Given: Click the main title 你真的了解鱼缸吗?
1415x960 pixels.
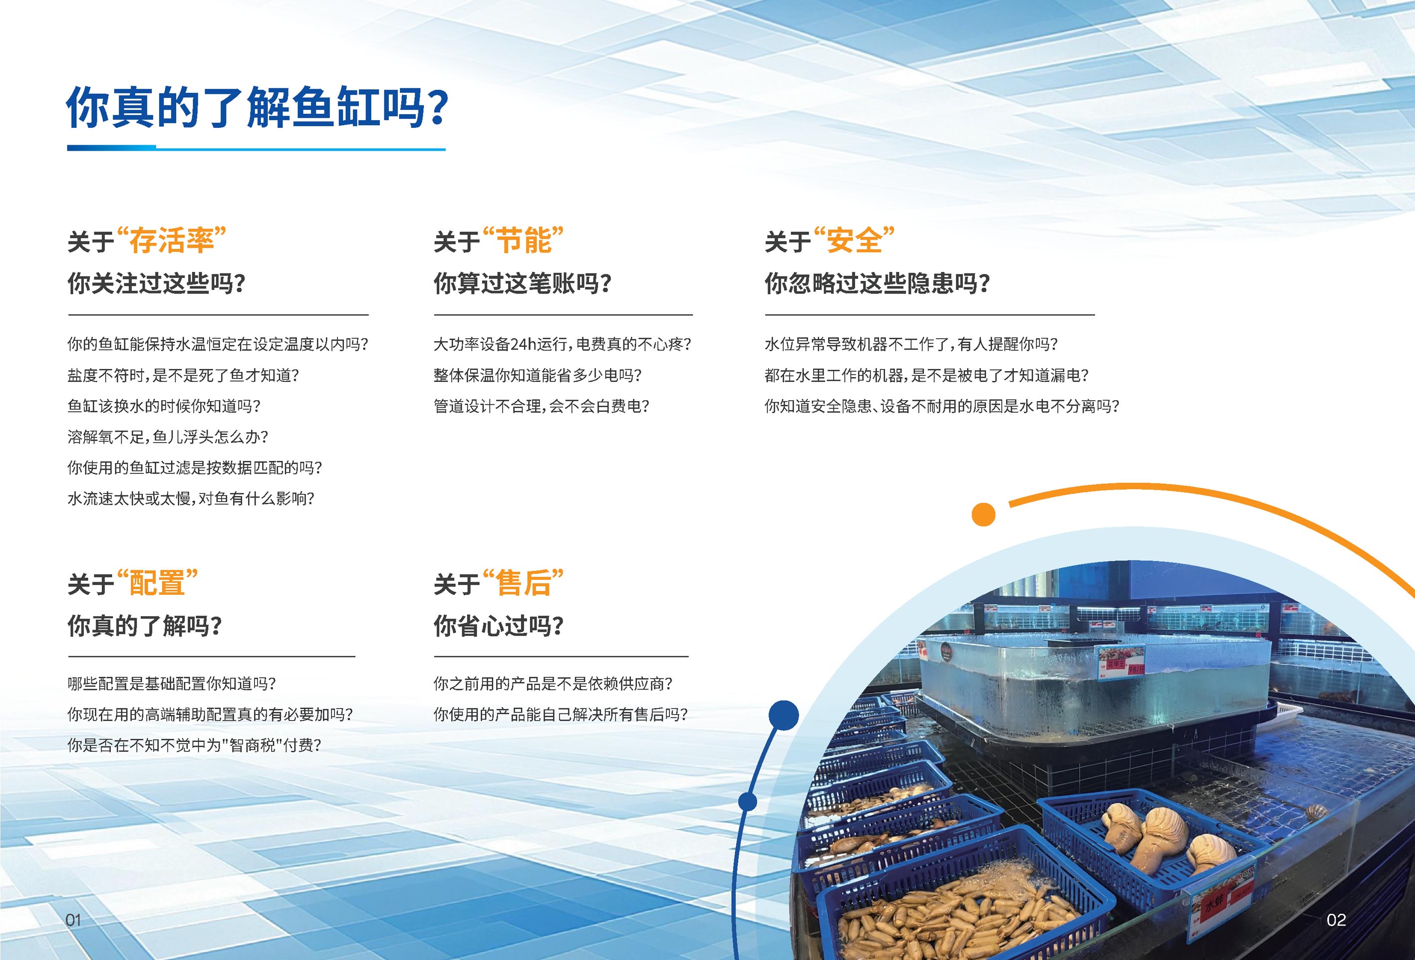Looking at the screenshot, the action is (x=257, y=107).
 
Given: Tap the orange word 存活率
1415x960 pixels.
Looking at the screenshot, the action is (x=171, y=240).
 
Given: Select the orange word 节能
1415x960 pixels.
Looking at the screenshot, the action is (x=523, y=240).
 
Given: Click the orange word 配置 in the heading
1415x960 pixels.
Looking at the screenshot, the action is (x=157, y=583).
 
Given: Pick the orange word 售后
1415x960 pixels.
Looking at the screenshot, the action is (x=523, y=583).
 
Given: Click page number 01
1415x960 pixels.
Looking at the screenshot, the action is (x=73, y=920).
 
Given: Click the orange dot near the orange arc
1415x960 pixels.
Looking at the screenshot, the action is (x=983, y=514).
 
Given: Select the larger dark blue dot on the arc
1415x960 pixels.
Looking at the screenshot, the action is (x=784, y=716).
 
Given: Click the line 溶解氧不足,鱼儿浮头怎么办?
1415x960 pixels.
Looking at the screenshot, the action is (x=167, y=437).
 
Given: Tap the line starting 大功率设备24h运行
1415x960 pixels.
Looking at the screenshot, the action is (x=562, y=344).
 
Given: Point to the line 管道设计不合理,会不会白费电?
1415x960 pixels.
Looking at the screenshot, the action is (x=541, y=406).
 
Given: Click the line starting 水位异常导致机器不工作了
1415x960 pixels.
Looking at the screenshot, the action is (x=911, y=344).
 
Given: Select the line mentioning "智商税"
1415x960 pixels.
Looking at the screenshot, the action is (x=194, y=745).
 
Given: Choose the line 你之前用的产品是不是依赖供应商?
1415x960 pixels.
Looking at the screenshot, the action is (x=553, y=684).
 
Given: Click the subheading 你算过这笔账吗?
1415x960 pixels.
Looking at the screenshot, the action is (x=523, y=283).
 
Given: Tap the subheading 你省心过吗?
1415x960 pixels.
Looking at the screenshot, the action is (x=499, y=626).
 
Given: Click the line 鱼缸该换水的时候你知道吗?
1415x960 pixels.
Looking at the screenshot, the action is (x=164, y=406).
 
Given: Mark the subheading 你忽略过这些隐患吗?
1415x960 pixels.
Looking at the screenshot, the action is (x=877, y=283).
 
